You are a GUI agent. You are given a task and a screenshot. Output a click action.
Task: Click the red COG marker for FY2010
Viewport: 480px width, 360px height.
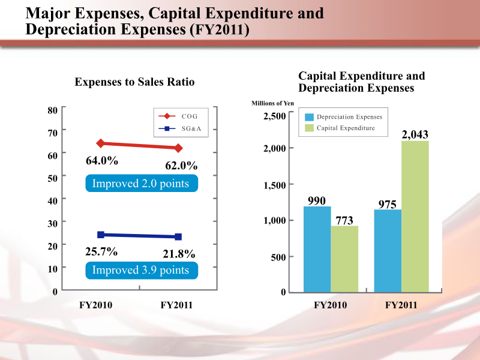pyautogui.click(x=101, y=143)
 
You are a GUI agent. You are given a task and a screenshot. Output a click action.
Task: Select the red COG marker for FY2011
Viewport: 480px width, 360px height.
pyautogui.click(x=179, y=148)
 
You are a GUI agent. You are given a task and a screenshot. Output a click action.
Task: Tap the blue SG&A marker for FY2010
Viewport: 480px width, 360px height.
pyautogui.click(x=101, y=235)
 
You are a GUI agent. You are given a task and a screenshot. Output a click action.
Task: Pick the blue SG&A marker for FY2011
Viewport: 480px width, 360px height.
pyautogui.click(x=179, y=237)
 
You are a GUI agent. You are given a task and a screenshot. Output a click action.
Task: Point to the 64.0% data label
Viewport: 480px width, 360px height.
pyautogui.click(x=101, y=161)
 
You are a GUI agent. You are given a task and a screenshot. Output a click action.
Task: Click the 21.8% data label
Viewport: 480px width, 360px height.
pyautogui.click(x=180, y=254)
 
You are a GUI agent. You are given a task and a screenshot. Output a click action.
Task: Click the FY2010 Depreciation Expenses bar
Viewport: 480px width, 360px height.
pyautogui.click(x=317, y=249)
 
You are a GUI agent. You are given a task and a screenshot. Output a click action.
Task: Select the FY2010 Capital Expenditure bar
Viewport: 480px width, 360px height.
pyautogui.click(x=344, y=259)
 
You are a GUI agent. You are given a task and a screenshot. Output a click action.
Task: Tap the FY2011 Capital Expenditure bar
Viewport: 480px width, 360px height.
pyautogui.click(x=415, y=216)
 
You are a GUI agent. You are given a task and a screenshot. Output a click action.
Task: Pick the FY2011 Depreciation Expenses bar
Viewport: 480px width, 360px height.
pyautogui.click(x=388, y=250)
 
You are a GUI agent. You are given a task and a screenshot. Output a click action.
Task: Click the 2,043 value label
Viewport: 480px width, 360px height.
pyautogui.click(x=415, y=134)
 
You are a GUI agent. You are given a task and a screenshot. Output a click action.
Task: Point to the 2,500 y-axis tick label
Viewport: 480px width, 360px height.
pyautogui.click(x=275, y=116)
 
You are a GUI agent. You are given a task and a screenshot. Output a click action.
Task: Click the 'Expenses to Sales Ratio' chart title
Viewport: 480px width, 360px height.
pyautogui.click(x=134, y=82)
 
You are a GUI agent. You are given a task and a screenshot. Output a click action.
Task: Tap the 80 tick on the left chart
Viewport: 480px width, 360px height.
pyautogui.click(x=52, y=110)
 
